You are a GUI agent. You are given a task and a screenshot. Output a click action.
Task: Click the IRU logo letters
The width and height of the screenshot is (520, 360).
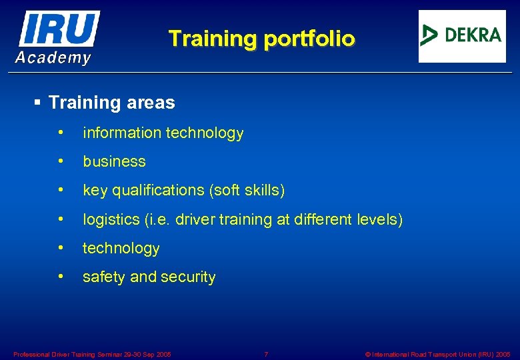click(59, 29)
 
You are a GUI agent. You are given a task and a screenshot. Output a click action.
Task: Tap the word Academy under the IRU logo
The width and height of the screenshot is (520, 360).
click(53, 58)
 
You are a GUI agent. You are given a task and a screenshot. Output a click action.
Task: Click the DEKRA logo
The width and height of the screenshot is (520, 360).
click(461, 36)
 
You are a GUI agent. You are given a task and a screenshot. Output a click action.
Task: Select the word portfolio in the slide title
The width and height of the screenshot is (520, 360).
click(309, 38)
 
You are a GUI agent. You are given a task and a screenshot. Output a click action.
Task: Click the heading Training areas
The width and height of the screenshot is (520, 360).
click(112, 103)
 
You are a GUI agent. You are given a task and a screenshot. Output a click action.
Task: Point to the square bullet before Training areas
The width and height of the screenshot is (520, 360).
click(37, 103)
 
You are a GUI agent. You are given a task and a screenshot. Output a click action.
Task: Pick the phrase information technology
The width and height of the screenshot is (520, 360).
click(163, 133)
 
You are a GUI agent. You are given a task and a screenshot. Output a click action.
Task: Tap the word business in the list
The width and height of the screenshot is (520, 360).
click(114, 162)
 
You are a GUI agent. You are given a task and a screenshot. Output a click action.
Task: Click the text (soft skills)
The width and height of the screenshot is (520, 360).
click(247, 191)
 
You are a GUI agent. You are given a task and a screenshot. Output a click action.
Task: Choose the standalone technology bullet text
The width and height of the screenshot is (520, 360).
click(121, 249)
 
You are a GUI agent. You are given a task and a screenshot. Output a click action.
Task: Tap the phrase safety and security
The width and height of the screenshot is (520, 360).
click(149, 277)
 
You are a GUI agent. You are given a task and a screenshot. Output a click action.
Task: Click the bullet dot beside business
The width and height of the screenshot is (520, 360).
click(61, 161)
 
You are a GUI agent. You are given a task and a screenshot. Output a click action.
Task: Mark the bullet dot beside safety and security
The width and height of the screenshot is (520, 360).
click(61, 276)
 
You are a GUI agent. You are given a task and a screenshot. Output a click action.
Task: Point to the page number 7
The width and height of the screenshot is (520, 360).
click(266, 354)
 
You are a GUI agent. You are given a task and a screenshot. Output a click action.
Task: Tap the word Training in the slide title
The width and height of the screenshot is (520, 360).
click(213, 38)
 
